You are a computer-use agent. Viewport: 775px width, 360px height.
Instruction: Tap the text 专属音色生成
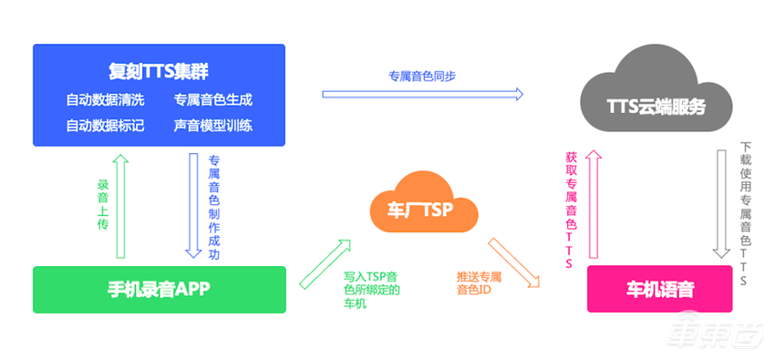[212, 98]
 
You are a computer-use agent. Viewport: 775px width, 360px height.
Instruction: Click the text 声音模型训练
[212, 125]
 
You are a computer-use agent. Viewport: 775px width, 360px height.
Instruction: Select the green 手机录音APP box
[159, 290]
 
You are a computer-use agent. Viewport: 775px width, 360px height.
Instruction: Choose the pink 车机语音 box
[660, 290]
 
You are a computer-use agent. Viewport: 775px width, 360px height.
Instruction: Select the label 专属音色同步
[422, 76]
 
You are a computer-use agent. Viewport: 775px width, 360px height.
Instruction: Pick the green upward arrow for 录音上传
[120, 206]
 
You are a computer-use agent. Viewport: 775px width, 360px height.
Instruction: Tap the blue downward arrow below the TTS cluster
[193, 206]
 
